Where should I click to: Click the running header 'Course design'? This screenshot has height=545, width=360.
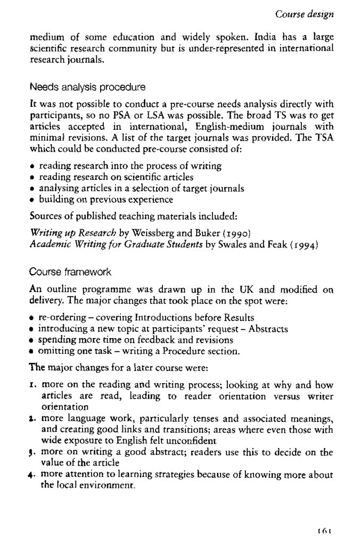coord(307,14)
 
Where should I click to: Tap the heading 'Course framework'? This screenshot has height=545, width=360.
coord(70,272)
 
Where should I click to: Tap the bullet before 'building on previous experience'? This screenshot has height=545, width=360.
coord(33,200)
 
